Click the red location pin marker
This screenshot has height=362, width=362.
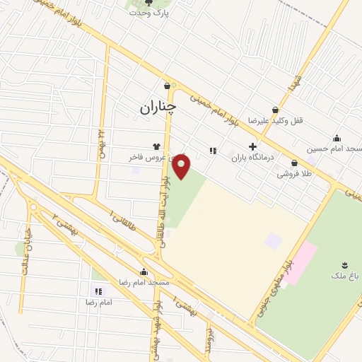pos(182,168)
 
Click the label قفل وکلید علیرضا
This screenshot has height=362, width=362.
pos(274,121)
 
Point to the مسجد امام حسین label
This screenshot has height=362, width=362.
pos(334,149)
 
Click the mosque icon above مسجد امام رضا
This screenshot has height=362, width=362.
pos(144,272)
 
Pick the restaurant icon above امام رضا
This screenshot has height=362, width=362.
pos(98,291)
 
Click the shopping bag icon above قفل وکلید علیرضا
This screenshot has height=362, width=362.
pos(274,110)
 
